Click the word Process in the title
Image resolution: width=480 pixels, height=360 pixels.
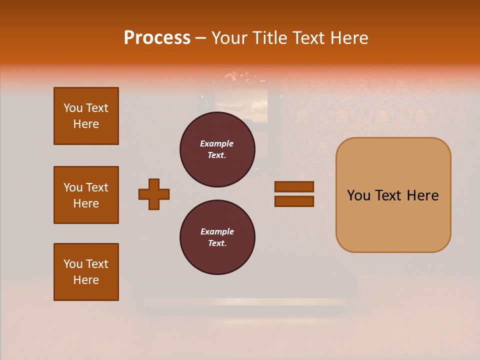157,38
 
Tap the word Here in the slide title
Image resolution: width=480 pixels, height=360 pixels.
348,38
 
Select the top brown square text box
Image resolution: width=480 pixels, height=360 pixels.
86,116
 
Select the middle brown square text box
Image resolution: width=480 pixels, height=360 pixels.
86,195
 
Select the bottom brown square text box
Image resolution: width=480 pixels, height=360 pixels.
86,272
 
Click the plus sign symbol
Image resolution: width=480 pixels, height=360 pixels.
154,194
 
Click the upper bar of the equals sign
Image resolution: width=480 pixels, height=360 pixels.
294,187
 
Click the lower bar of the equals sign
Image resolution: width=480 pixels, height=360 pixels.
294,201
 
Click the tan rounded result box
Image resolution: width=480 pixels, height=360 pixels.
393,220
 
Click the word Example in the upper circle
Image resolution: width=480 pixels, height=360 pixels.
216,143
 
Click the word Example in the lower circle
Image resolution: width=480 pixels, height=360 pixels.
217,231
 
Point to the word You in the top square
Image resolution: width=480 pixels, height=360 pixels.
73,108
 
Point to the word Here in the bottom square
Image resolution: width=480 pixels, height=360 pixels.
86,280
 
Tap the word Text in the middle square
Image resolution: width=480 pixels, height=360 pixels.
97,187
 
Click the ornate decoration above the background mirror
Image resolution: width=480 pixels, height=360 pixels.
239,76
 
